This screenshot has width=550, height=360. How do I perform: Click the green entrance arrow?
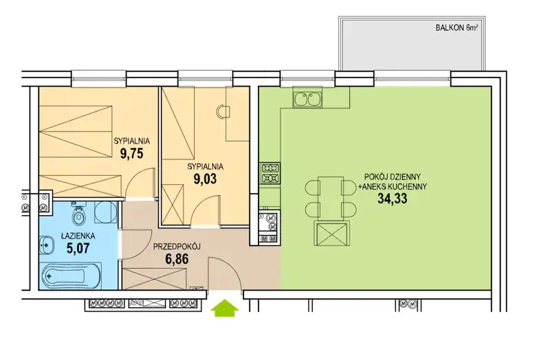(x=225, y=307)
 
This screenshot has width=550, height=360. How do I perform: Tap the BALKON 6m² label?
(x=456, y=28)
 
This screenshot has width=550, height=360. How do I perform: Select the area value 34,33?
(x=392, y=199)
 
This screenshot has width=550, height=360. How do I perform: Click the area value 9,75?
(x=132, y=153)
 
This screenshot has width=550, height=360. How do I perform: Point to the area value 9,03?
(x=205, y=179)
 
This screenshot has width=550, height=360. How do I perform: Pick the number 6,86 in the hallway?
(x=177, y=259)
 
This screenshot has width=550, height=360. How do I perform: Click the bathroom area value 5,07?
(x=78, y=248)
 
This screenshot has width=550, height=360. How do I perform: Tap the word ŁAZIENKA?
(x=78, y=236)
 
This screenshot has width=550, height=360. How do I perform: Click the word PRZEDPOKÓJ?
(x=177, y=247)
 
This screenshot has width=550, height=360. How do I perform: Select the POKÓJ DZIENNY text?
(x=392, y=177)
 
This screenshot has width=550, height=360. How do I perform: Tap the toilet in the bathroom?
(x=78, y=214)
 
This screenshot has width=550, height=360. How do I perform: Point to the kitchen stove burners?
(x=270, y=174)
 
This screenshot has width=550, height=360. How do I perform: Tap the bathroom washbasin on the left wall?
(x=47, y=245)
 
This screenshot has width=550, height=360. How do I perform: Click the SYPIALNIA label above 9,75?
(x=132, y=142)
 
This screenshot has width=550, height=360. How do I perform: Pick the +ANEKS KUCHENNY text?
(x=392, y=187)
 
